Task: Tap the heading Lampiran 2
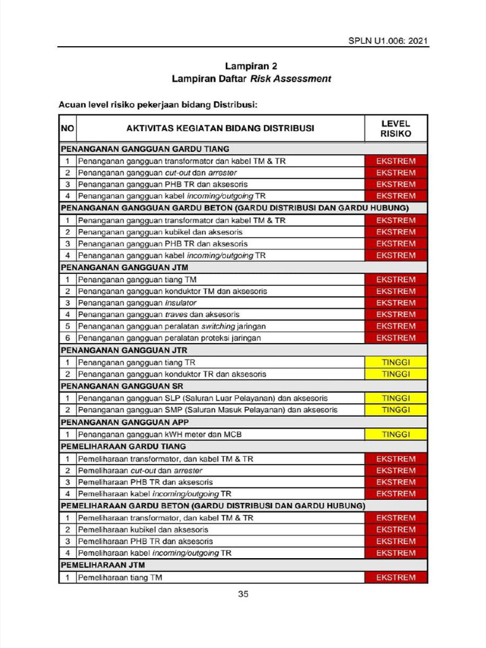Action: (251, 66)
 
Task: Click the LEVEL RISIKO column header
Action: (396, 128)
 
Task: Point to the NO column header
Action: (68, 128)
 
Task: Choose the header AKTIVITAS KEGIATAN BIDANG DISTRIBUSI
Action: (220, 128)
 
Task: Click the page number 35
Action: (244, 594)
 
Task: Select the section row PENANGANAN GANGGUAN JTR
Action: (124, 350)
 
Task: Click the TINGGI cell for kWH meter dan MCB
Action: (396, 434)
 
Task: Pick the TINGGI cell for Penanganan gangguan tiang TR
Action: (396, 362)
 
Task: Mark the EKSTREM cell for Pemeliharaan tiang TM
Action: (396, 578)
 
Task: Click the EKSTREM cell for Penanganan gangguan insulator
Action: (396, 303)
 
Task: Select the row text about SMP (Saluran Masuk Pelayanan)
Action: (208, 410)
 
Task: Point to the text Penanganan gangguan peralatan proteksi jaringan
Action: (169, 338)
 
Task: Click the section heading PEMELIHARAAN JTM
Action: (98, 565)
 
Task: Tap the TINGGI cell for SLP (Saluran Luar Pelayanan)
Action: (396, 398)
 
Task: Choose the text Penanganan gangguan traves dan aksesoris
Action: (159, 315)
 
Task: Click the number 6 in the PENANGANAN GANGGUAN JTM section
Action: (67, 338)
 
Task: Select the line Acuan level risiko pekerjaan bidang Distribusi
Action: (158, 104)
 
